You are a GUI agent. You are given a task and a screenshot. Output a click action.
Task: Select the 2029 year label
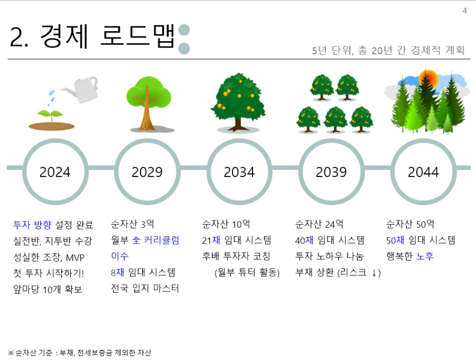[147, 172]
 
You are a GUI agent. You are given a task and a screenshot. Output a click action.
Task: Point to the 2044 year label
[423, 172]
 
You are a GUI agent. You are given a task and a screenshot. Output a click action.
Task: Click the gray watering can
[81, 89]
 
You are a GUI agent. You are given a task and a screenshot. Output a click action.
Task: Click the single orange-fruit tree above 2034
[238, 103]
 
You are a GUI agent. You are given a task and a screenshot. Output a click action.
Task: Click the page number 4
[464, 11]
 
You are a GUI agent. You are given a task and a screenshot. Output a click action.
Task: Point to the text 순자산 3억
[133, 224]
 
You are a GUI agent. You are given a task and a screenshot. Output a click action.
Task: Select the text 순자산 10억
[226, 224]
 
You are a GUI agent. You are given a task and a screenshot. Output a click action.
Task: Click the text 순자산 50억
[410, 224]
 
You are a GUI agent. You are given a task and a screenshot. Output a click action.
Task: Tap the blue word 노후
[425, 256]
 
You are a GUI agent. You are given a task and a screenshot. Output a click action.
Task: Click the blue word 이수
[120, 256]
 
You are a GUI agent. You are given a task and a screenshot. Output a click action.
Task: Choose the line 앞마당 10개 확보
[48, 289]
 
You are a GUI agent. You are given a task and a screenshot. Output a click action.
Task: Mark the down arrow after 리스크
[375, 273]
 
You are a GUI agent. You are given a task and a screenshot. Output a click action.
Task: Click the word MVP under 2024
[76, 257]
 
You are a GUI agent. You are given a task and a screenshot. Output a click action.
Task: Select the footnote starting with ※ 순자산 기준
[80, 353]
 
